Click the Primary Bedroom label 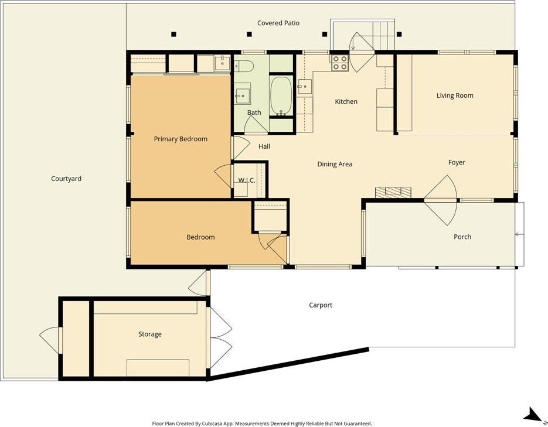click(x=181, y=139)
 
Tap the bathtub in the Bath click(x=281, y=96)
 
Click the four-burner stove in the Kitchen click(x=339, y=63)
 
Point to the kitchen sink click(x=304, y=87)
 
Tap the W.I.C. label click(x=247, y=180)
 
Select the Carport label click(x=321, y=305)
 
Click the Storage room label click(x=150, y=334)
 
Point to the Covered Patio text click(x=278, y=23)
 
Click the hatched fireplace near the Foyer click(x=393, y=192)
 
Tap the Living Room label click(x=455, y=95)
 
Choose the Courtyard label click(x=66, y=179)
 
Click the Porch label click(x=462, y=237)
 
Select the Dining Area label click(x=335, y=164)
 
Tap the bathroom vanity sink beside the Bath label click(x=242, y=94)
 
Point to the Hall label click(x=264, y=146)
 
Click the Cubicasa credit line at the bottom click(x=262, y=423)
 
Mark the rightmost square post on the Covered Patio click(x=400, y=34)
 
